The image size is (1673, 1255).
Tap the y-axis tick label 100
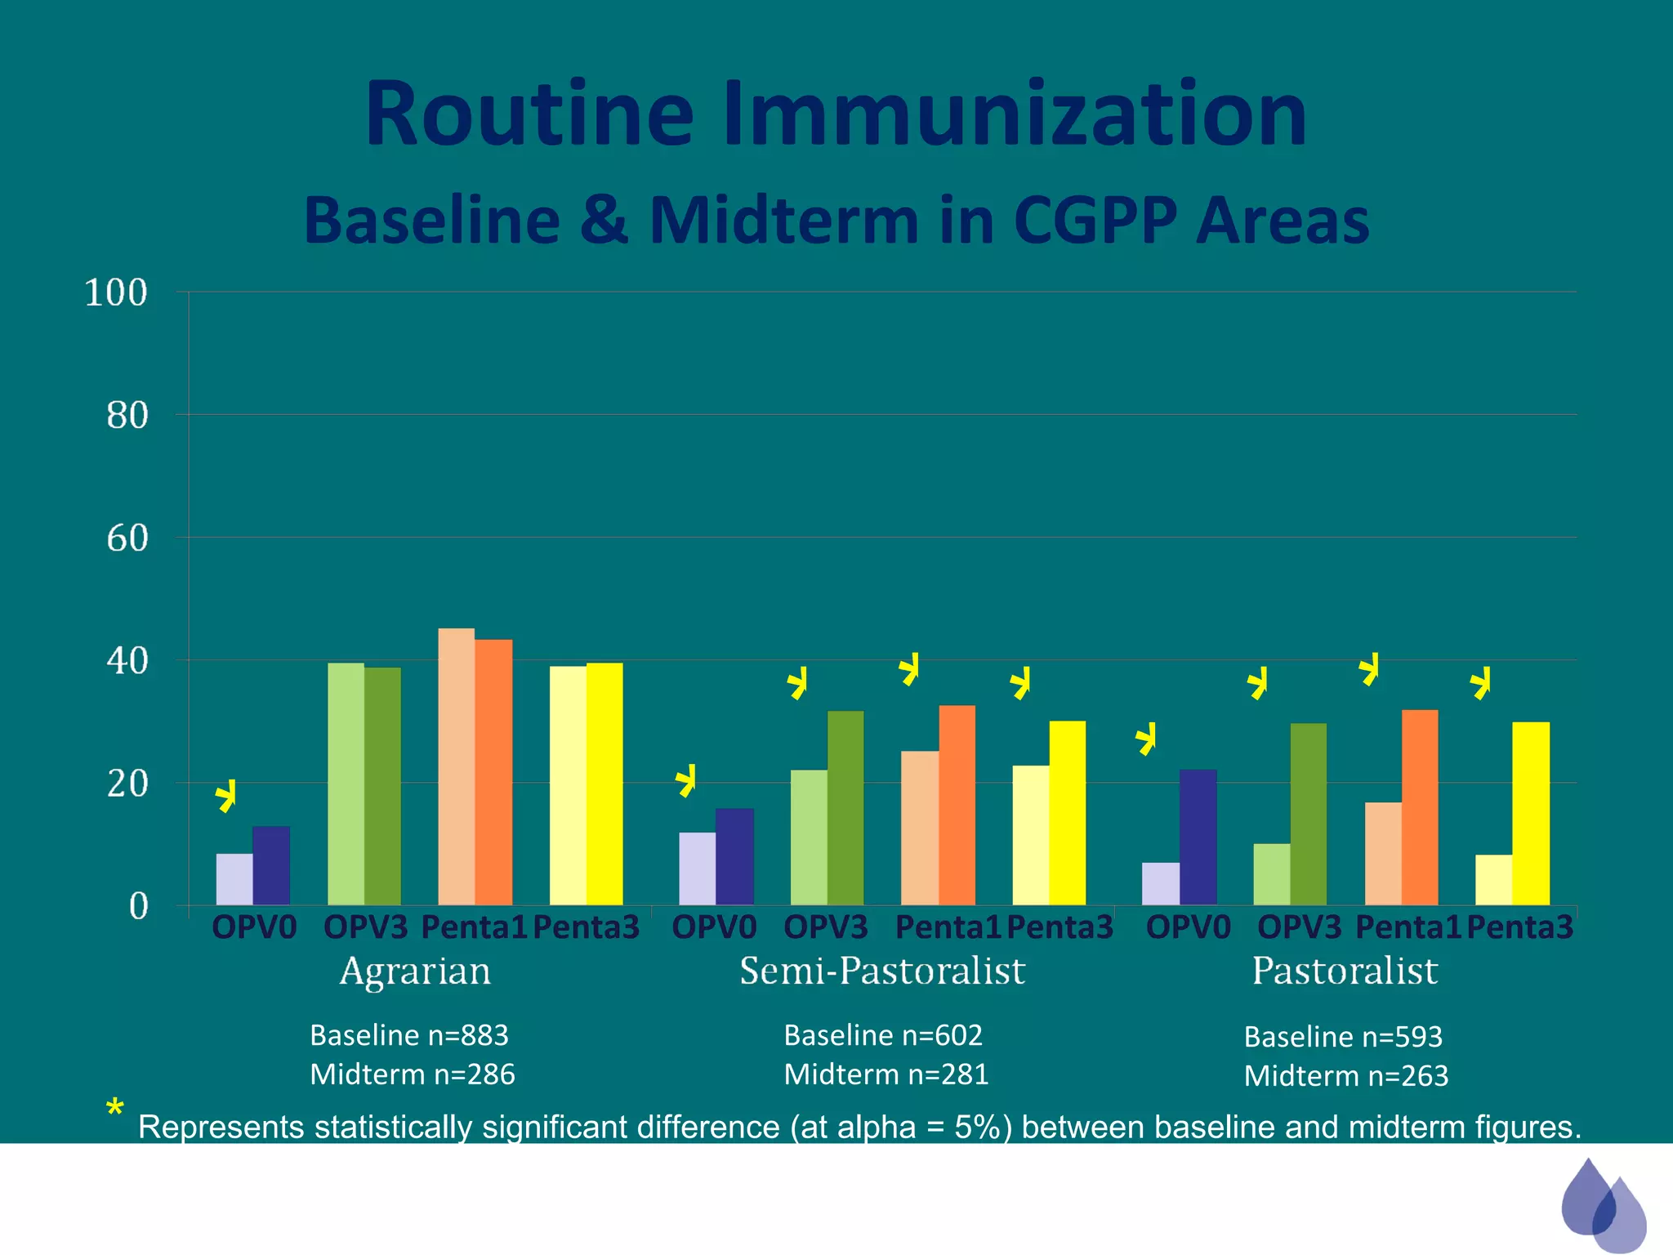coord(116,293)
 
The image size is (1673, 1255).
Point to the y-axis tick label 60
coord(127,538)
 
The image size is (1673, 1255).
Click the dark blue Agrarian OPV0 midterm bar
coord(271,866)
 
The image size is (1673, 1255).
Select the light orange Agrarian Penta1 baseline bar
coord(456,766)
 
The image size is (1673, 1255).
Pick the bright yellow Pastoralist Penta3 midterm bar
coord(1530,813)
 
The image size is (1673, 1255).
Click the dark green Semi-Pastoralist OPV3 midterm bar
coord(845,807)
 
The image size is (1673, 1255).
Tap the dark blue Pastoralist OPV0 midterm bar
coord(1198,837)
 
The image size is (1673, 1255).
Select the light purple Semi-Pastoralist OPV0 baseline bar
coord(697,869)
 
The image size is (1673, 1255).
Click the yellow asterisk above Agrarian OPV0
coord(226,795)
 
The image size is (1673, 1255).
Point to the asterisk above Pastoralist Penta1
coord(1369,669)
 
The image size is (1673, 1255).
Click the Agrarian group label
coord(415,971)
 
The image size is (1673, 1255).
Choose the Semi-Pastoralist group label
coord(882,971)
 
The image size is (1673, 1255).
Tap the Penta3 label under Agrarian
coord(586,927)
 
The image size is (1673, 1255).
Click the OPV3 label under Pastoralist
coord(1299,927)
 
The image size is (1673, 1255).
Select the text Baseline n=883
coord(409,1035)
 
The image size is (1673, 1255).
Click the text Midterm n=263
coord(1345,1076)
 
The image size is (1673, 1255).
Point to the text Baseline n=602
coord(883,1035)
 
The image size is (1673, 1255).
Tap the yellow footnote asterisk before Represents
coord(114,1110)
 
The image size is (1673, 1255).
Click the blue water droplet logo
coord(1602,1204)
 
